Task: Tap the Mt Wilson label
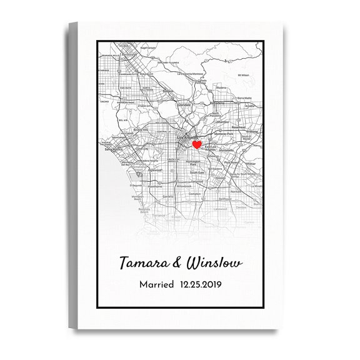pos(244,74)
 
